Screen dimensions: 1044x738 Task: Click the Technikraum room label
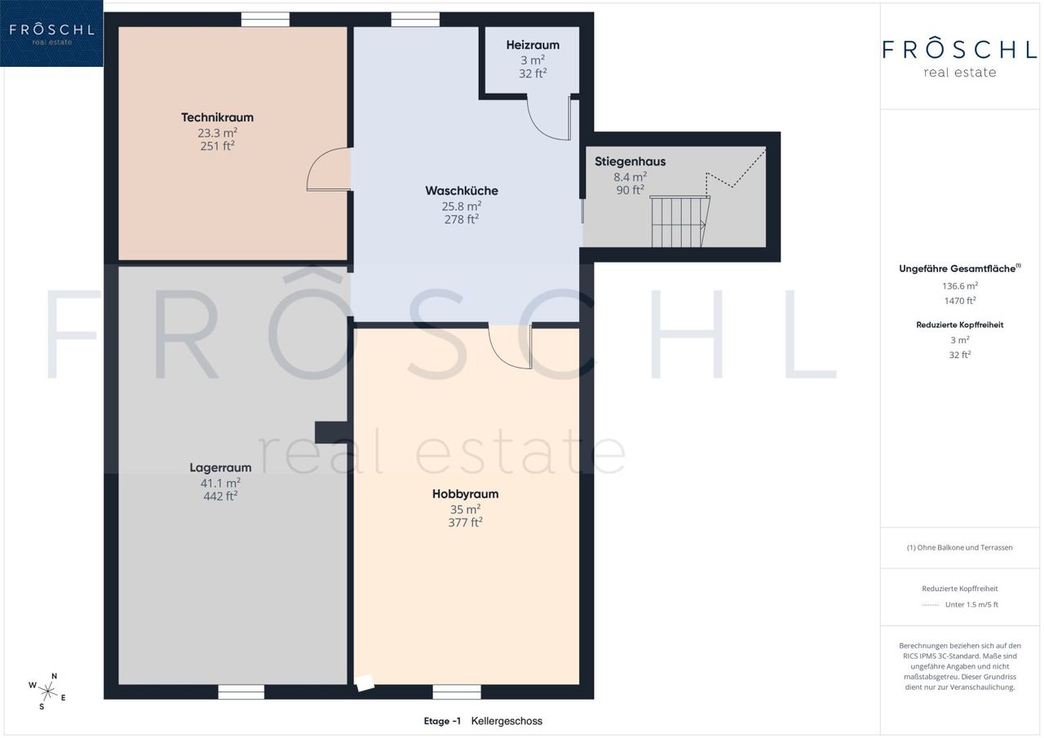tap(217, 117)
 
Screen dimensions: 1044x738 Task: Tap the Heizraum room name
tap(533, 45)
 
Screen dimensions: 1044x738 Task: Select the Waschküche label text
tap(462, 191)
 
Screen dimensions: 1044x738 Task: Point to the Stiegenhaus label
tap(630, 161)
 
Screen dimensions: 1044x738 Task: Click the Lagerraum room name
tap(220, 467)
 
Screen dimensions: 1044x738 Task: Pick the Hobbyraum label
tap(465, 494)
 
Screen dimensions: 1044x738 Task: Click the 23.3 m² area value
tap(217, 133)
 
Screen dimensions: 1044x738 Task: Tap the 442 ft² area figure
tap(220, 496)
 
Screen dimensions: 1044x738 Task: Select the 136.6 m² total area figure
tap(960, 285)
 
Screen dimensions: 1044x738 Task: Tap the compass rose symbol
tap(47, 692)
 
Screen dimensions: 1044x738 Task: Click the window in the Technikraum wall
tap(265, 20)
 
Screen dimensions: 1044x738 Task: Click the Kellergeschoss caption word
tap(507, 721)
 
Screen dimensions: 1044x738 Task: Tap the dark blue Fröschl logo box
tap(51, 33)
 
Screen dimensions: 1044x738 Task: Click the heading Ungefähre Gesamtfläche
tap(958, 269)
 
